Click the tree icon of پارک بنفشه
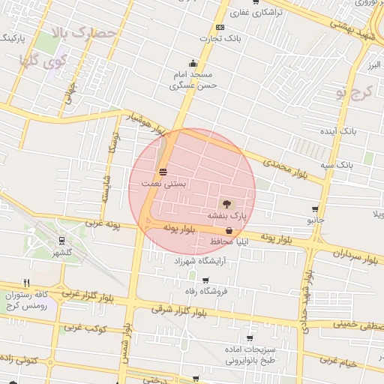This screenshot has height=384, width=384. (x=226, y=202)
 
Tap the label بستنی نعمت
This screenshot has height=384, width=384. (x=163, y=183)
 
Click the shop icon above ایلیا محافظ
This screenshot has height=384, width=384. (x=228, y=231)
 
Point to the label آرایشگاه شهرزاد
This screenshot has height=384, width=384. (x=205, y=262)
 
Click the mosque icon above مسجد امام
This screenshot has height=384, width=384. (x=193, y=63)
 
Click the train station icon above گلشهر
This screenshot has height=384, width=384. (x=61, y=241)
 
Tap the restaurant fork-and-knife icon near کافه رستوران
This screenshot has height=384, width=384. (x=27, y=283)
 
